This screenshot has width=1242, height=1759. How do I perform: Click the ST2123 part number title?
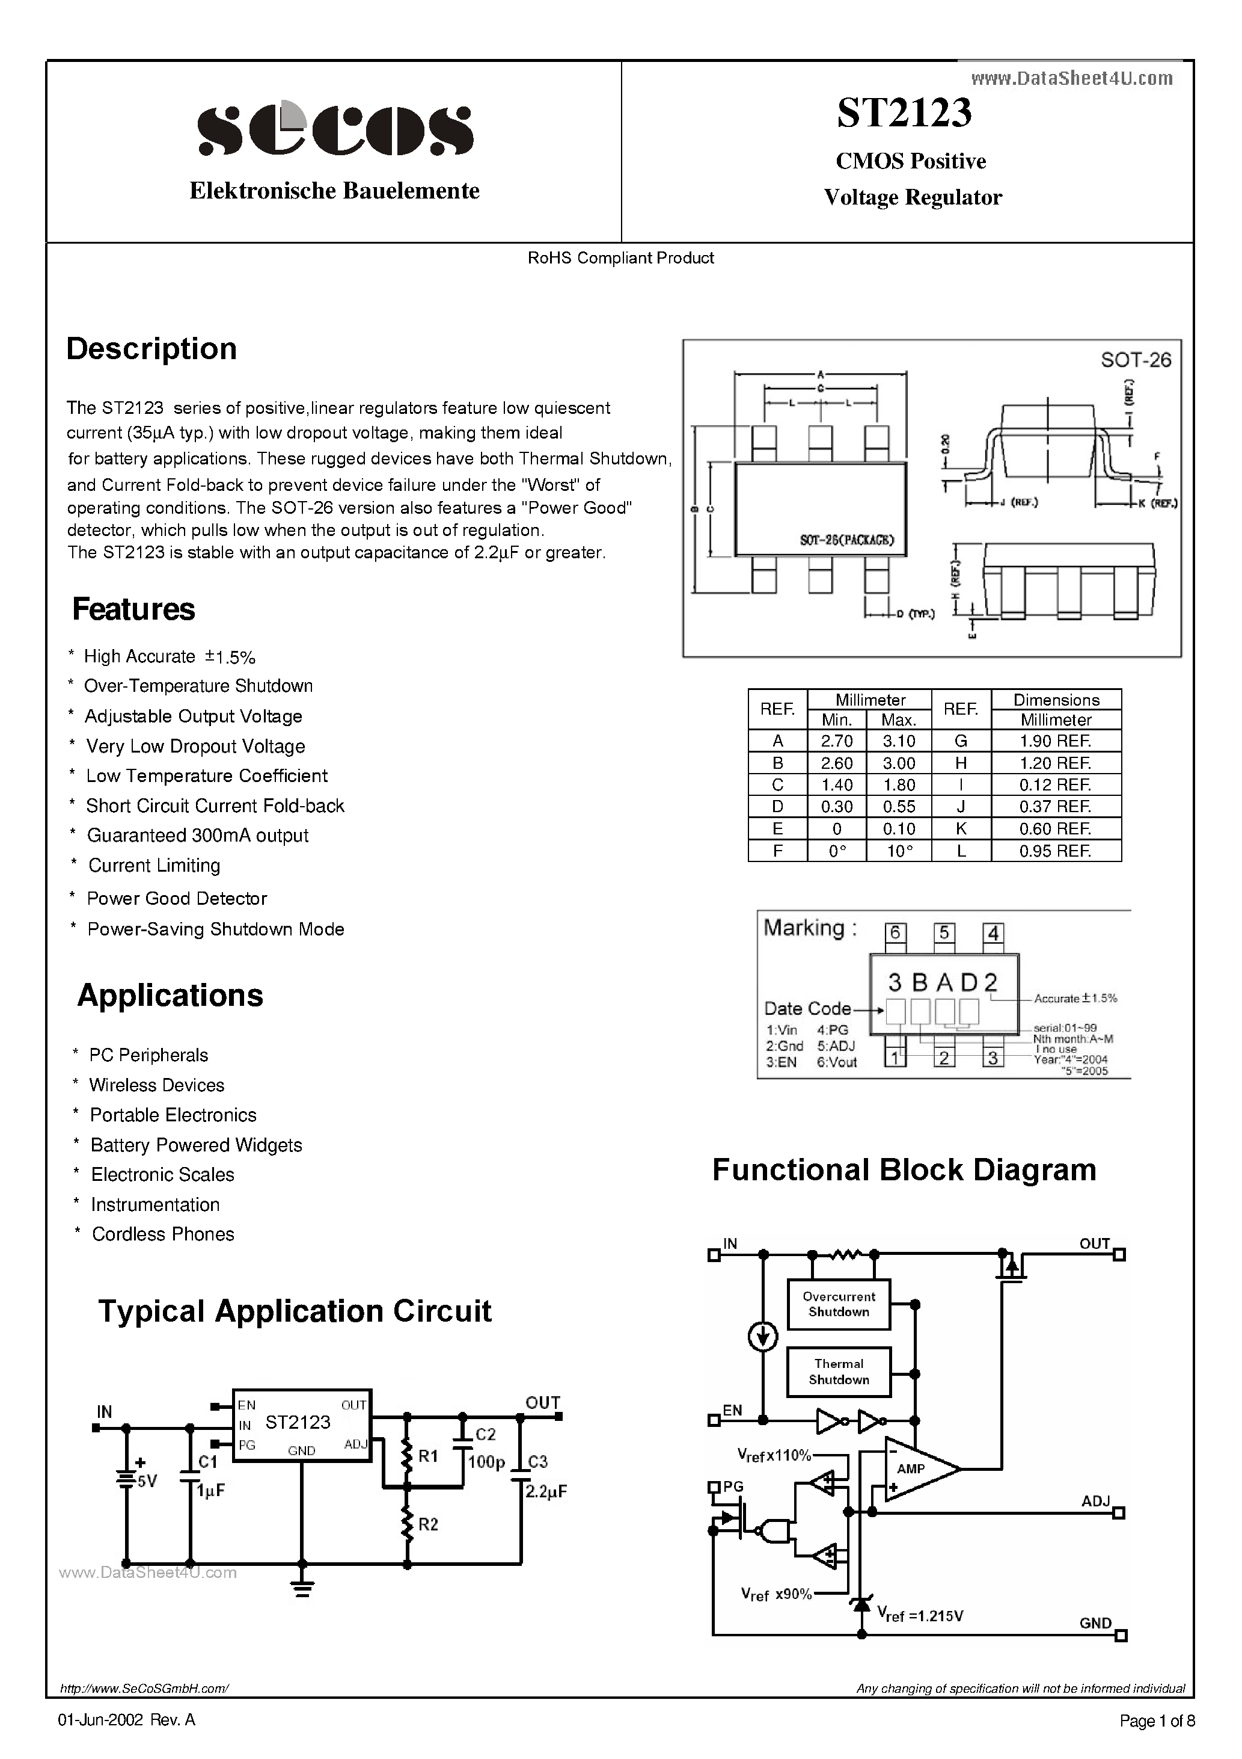[904, 112]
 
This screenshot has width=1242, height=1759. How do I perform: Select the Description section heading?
[151, 348]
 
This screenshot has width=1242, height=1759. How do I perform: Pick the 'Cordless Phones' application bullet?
[163, 1233]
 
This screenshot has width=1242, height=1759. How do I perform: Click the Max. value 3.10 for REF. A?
[898, 741]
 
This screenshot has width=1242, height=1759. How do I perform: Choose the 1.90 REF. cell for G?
[1055, 741]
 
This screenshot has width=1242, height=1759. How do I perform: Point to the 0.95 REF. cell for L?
[1055, 851]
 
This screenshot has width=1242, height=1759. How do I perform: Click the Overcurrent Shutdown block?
[839, 1304]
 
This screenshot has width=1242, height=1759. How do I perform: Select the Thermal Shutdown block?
[839, 1372]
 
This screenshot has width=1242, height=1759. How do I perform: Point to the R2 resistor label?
[428, 1524]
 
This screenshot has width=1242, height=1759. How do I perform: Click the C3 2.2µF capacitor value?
[545, 1492]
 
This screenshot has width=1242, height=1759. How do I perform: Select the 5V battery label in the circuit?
[146, 1481]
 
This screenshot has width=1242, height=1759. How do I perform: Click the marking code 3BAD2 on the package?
[943, 982]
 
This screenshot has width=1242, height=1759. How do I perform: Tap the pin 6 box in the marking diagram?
[895, 933]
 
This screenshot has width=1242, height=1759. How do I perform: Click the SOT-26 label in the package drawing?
[1136, 360]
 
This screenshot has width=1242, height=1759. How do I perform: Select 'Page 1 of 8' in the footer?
[1156, 1720]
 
